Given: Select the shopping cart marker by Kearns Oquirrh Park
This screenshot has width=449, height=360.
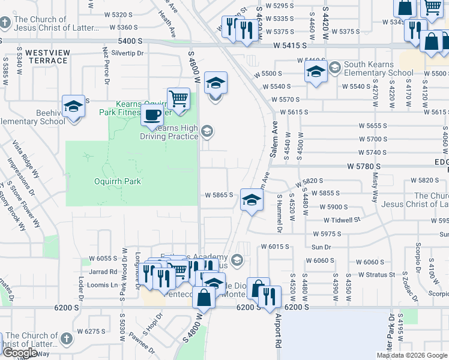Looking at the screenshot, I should [x=178, y=98].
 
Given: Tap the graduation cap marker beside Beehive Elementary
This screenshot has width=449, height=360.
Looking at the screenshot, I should [x=74, y=107].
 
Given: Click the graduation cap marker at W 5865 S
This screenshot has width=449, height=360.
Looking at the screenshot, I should [x=252, y=200].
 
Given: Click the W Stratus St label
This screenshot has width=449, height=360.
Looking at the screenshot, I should [x=375, y=275].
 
